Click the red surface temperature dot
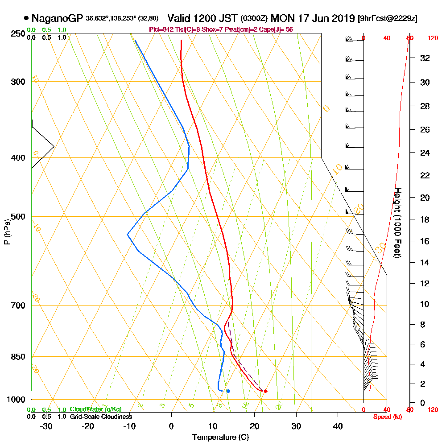(x=265, y=391)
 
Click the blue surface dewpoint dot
(x=228, y=391)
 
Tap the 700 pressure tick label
(x=18, y=306)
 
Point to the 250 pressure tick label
(x=18, y=33)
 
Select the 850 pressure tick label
(x=18, y=357)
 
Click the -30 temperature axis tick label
(x=46, y=426)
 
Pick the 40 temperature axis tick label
(x=338, y=426)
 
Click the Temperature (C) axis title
(x=220, y=438)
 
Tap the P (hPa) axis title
(x=7, y=231)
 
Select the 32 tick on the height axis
(x=425, y=58)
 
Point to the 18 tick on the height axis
(x=425, y=219)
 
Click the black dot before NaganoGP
(x=26, y=19)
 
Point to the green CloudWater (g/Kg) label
(x=95, y=409)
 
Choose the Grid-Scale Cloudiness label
(x=100, y=417)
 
